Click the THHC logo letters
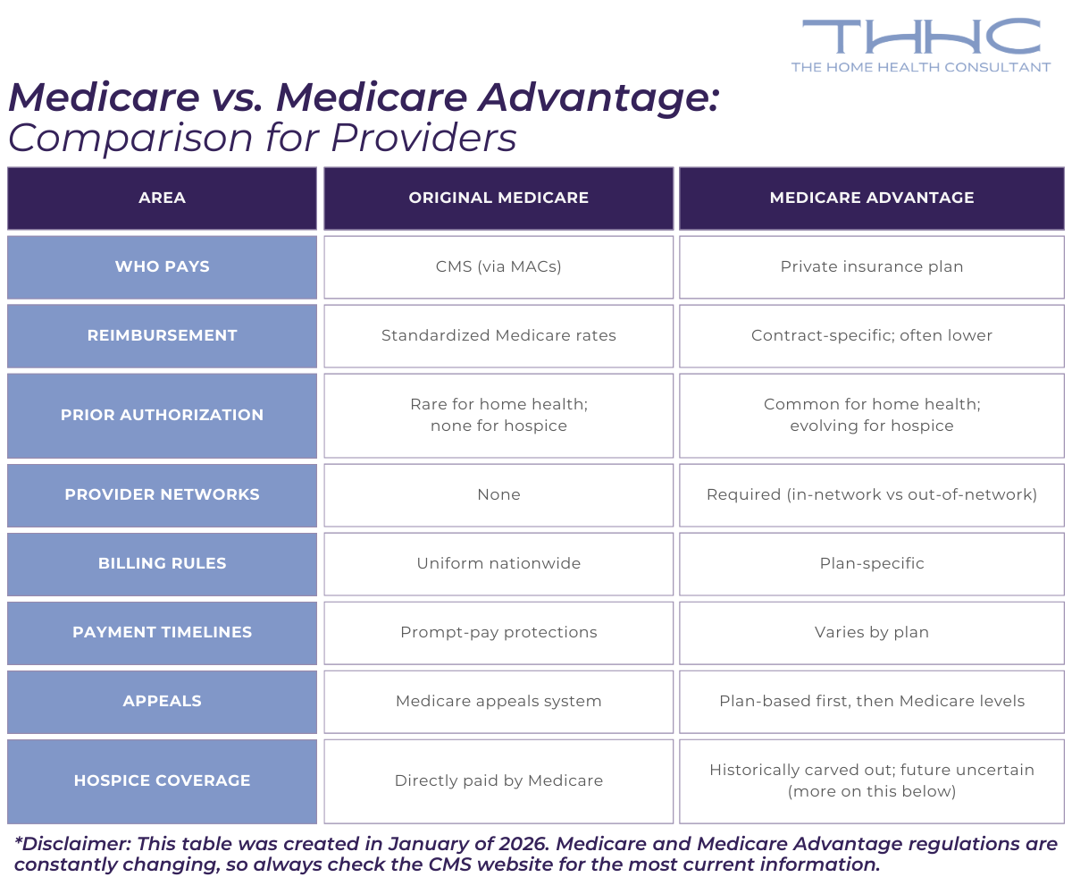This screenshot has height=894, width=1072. pyautogui.click(x=921, y=37)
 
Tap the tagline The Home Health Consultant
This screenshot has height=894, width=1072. pyautogui.click(x=921, y=67)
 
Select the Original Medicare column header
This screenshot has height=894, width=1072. pyautogui.click(x=498, y=198)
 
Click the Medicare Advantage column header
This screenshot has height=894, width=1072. pyautogui.click(x=872, y=198)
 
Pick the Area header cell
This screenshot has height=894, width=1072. pyautogui.click(x=162, y=198)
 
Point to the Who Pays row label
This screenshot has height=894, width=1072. pyautogui.click(x=162, y=266)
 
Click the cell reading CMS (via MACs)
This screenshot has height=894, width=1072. pyautogui.click(x=498, y=266)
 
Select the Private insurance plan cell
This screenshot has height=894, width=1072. pyautogui.click(x=872, y=266)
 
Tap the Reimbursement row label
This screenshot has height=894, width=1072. pyautogui.click(x=162, y=335)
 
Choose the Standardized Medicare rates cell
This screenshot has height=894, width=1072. pyautogui.click(x=498, y=335)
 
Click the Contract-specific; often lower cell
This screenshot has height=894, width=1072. pyautogui.click(x=872, y=335)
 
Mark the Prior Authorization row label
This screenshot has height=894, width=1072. pyautogui.click(x=162, y=415)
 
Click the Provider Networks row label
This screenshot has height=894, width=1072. pyautogui.click(x=162, y=494)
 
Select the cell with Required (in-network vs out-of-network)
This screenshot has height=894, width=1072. pyautogui.click(x=872, y=494)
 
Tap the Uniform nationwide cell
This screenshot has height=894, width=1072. pyautogui.click(x=498, y=563)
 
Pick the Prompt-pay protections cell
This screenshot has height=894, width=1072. pyautogui.click(x=498, y=632)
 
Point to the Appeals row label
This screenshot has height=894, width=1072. pyautogui.click(x=162, y=701)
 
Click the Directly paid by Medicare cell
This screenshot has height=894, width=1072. pyautogui.click(x=498, y=780)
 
